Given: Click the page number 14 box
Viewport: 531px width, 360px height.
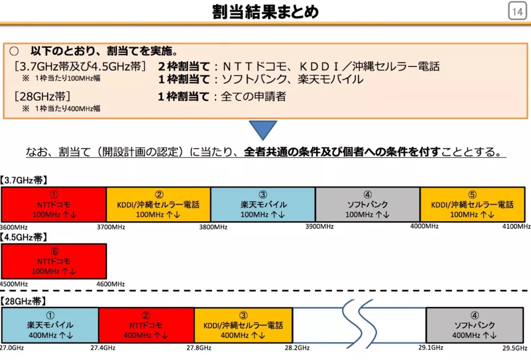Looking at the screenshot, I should click(517, 12).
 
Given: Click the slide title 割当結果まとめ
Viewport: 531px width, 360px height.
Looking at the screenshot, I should click(265, 11).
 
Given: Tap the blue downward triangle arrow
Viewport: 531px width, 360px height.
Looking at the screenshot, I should click(263, 129).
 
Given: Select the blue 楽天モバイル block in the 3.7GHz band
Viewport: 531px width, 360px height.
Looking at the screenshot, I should click(263, 204).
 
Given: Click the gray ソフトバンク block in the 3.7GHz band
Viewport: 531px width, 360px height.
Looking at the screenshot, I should click(368, 204).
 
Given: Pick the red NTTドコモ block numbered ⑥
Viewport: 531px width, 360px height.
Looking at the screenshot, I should click(54, 261).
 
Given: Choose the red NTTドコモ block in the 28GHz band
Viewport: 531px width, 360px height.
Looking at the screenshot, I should click(147, 325).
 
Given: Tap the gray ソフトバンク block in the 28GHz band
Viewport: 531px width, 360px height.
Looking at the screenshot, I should click(474, 325).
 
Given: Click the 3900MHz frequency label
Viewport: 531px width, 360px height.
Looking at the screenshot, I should click(319, 227).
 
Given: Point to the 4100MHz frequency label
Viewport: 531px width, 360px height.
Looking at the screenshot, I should click(516, 227).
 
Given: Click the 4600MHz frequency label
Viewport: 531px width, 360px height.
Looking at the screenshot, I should click(110, 284).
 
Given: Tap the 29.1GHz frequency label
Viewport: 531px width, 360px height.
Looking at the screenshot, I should click(431, 347).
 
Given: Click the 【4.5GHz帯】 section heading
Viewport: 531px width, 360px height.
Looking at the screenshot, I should click(24, 237).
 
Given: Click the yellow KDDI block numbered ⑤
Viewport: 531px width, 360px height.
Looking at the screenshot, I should click(472, 204).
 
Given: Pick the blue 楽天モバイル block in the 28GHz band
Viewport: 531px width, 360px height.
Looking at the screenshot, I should click(50, 325).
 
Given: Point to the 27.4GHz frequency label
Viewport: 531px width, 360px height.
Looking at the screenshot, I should click(103, 348).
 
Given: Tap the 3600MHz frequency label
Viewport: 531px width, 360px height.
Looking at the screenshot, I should click(14, 227).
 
